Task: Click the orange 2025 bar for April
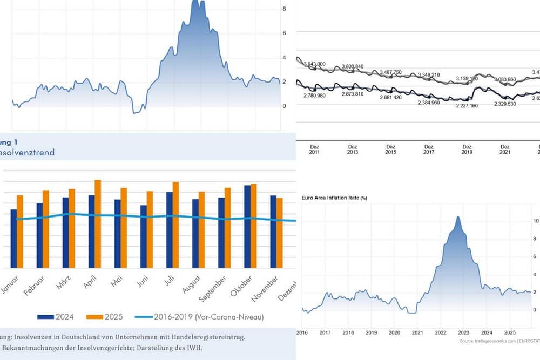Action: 98,223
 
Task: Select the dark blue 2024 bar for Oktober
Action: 247,226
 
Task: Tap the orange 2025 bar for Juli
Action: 175,225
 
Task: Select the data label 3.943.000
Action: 314,64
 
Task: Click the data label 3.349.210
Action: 429,74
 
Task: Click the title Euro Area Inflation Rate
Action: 334,198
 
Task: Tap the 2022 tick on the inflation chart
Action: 440,334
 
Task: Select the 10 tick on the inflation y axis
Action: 535,221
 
